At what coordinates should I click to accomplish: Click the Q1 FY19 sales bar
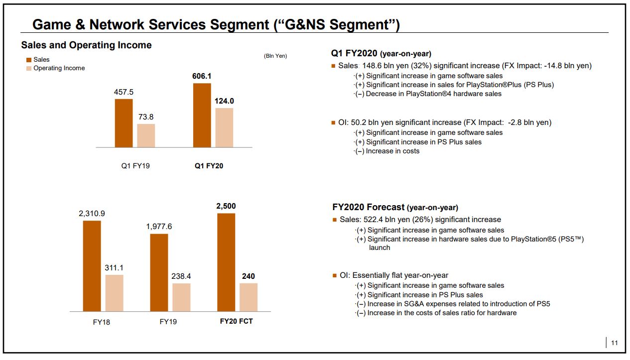pos(124,123)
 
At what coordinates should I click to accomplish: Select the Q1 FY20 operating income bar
pos(224,127)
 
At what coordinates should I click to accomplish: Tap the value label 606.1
pos(202,76)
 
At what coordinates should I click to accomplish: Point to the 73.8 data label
pos(146,117)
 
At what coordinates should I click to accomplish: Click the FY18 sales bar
pos(92,266)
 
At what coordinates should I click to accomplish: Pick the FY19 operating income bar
pos(181,297)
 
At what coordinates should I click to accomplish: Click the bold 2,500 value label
pos(226,206)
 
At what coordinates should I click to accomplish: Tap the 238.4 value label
pos(181,276)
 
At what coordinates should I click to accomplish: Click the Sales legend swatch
pos(29,60)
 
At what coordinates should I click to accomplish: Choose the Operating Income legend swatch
pos(29,68)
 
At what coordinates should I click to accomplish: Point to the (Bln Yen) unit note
pos(275,56)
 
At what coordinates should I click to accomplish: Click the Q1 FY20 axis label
pos(209,166)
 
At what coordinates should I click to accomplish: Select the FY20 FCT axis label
pos(236,321)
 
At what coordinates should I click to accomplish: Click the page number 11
pos(614,343)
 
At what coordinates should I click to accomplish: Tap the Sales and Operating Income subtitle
pos(86,45)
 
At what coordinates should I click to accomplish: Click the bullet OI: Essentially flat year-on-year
pos(394,275)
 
